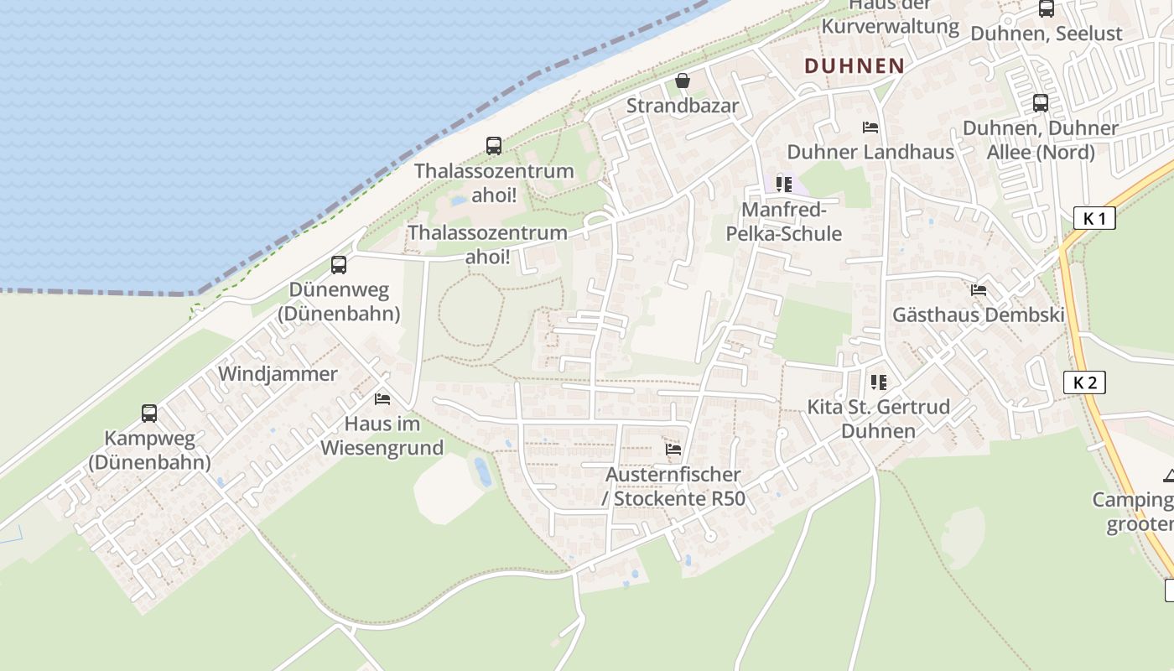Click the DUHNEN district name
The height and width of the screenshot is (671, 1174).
point(855,65)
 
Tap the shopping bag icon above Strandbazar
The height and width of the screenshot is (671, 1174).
point(683,81)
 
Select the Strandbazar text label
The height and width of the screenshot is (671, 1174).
point(683,106)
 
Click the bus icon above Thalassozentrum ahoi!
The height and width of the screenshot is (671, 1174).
point(494,146)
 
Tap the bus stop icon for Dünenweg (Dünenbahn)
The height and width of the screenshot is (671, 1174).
point(339,265)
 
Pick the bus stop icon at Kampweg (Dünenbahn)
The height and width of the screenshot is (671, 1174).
point(149,413)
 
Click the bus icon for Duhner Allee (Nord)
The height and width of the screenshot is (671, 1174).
point(1041,103)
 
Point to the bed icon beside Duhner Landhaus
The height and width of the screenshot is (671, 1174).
point(870,127)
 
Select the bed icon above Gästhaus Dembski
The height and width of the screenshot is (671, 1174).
point(979,291)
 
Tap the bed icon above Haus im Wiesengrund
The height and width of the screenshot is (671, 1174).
point(382,399)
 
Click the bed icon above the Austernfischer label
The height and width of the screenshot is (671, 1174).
point(673,450)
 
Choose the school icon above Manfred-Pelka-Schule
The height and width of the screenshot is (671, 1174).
point(784,184)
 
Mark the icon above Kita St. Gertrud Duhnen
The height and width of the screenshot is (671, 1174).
point(879,382)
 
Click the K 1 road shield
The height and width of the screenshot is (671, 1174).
point(1094,219)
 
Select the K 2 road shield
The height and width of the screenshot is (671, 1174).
point(1084,382)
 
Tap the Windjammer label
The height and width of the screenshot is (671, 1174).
point(278,374)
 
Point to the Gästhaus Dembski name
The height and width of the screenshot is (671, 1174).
point(979,315)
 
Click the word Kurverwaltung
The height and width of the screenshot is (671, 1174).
point(890,26)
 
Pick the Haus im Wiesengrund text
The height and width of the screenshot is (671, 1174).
point(382,436)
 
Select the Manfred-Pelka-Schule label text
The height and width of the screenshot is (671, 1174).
point(784,221)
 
